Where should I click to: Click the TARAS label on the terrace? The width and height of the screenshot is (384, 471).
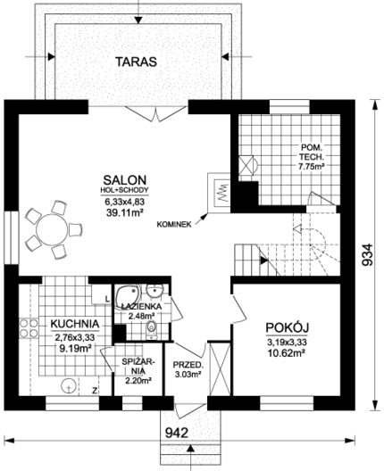(x=137, y=62)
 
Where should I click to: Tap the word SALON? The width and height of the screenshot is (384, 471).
(x=125, y=180)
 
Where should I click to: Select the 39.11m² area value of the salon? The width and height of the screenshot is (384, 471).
(x=124, y=213)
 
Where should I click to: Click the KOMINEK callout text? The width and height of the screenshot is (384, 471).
(x=174, y=225)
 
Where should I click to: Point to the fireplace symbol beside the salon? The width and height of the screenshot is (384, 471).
(x=221, y=194)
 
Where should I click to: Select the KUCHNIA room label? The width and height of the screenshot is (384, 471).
(x=75, y=324)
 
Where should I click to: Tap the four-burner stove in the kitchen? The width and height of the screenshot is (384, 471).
(x=29, y=328)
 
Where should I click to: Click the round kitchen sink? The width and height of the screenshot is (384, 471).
(x=69, y=385)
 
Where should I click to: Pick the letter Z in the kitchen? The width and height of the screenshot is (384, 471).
(x=95, y=391)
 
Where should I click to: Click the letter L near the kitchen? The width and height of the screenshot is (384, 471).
(x=107, y=299)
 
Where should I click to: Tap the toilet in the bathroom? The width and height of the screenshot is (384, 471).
(x=152, y=329)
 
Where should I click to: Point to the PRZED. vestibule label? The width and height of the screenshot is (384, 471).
(x=188, y=365)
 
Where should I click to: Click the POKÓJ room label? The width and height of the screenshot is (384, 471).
(x=288, y=327)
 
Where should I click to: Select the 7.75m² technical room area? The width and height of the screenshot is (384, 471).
(x=311, y=166)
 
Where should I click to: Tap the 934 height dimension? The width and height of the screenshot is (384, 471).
(x=367, y=255)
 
